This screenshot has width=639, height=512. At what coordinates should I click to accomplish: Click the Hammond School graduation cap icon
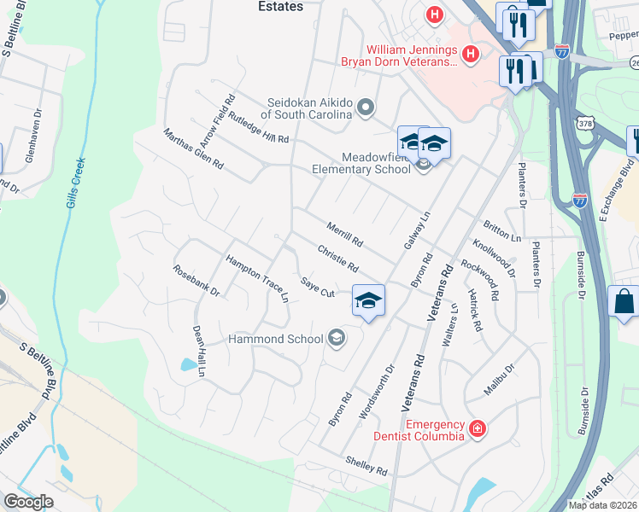click(x=336, y=339)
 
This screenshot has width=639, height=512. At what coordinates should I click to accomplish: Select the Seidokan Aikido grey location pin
click(x=366, y=108)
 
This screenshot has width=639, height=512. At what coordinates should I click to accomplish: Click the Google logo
click(x=28, y=501)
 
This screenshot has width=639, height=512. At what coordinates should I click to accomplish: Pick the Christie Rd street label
click(x=337, y=259)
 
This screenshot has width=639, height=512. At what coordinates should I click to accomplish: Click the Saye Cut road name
click(x=317, y=288)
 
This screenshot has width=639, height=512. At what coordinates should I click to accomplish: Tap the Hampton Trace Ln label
click(x=257, y=279)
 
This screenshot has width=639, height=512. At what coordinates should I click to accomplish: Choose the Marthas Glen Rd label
click(x=193, y=148)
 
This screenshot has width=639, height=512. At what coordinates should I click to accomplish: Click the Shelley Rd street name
click(x=366, y=465)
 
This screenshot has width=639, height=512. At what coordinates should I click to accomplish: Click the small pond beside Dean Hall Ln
click(x=187, y=365)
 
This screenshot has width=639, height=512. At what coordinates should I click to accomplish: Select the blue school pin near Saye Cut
click(x=368, y=301)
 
